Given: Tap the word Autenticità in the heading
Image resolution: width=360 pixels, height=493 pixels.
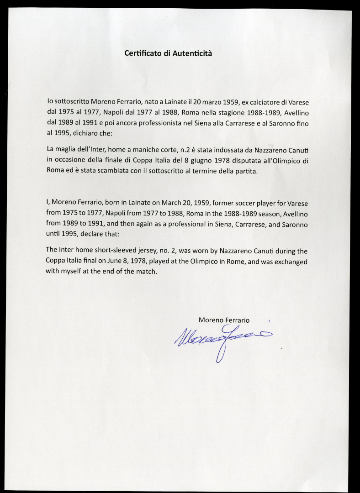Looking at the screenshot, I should pos(191,53).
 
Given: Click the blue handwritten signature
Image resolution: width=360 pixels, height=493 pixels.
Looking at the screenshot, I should pos(222,338).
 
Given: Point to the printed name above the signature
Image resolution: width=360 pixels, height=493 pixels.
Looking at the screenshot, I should pos(224,320).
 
